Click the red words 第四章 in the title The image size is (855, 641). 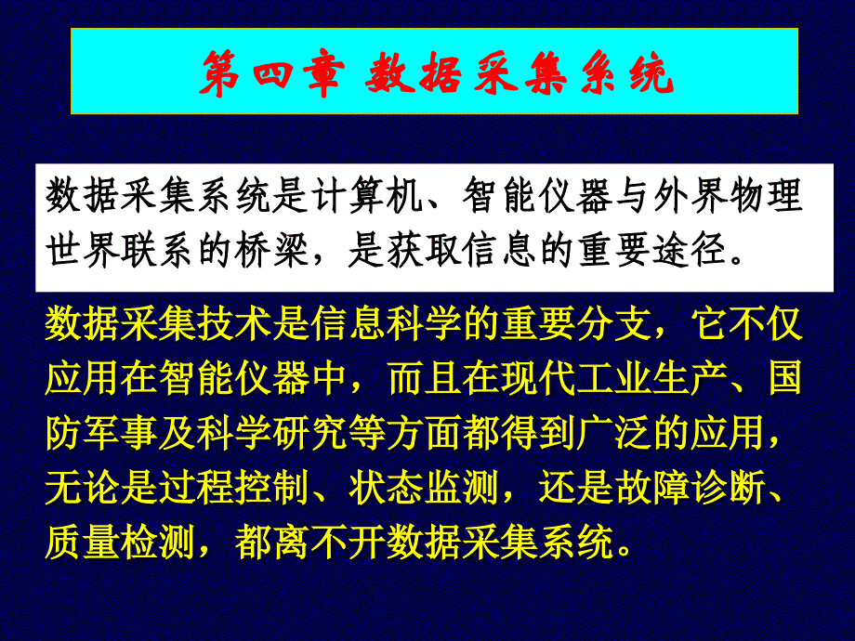pyautogui.click(x=272, y=73)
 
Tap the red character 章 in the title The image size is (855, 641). pyautogui.click(x=324, y=73)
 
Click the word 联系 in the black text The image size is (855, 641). pyautogui.click(x=158, y=250)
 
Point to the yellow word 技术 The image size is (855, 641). pyautogui.click(x=234, y=324)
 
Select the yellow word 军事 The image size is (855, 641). pyautogui.click(x=121, y=432)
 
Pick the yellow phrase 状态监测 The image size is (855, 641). pyautogui.click(x=424, y=487)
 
